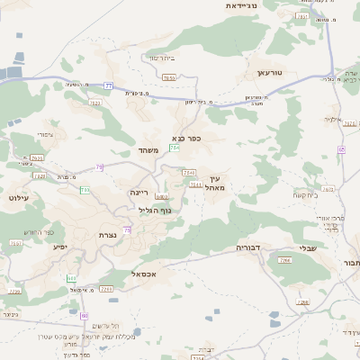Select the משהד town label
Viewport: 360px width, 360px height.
148,150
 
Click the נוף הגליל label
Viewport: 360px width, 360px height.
154,210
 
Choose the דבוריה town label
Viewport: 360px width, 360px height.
248,246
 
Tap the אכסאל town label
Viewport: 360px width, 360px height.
144,273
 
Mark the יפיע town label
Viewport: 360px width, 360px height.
60,246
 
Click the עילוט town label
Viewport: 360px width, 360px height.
18,196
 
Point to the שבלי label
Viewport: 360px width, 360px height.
308,249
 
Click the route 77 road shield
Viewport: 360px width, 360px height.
109,85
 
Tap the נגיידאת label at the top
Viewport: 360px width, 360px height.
241,5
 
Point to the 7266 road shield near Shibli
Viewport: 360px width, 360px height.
284,260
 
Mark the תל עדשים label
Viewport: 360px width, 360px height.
105,325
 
